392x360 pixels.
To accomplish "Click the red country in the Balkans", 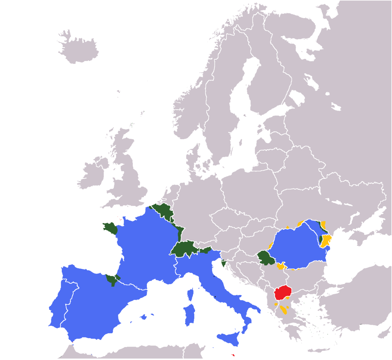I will tap(283, 292).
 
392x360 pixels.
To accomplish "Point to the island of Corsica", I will tap(190, 294).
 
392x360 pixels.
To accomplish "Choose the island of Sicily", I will tap(230, 339).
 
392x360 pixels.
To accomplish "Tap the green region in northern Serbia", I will tap(266, 258).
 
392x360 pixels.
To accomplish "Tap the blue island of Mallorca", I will tap(143, 317).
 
